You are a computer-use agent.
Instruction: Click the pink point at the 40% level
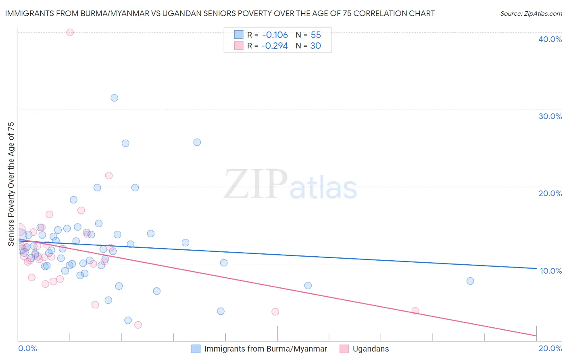click(70, 32)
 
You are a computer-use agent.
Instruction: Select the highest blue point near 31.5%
click(115, 98)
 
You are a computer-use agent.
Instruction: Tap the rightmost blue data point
click(470, 281)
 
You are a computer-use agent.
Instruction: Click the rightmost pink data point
click(415, 311)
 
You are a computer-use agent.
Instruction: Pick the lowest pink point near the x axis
click(138, 325)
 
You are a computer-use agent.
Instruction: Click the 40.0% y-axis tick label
click(550, 39)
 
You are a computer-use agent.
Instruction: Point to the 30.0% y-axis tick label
click(550, 116)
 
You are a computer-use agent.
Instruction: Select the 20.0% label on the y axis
click(550, 193)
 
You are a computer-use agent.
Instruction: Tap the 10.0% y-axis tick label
click(551, 271)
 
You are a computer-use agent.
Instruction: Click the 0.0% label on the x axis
click(27, 348)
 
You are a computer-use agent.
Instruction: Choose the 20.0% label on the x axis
click(550, 348)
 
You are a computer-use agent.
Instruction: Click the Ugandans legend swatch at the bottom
click(344, 349)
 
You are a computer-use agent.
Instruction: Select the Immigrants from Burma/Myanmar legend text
click(265, 349)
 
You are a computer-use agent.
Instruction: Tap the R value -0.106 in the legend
click(275, 35)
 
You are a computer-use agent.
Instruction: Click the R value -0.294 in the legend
click(275, 46)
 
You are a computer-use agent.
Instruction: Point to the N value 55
click(316, 35)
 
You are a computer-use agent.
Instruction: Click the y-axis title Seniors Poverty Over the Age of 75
click(11, 184)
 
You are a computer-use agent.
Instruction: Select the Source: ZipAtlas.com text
click(531, 14)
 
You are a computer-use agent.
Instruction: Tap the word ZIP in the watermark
click(256, 184)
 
